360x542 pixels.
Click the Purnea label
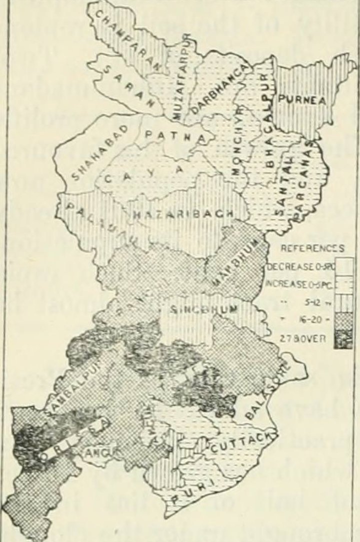click(x=302, y=100)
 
